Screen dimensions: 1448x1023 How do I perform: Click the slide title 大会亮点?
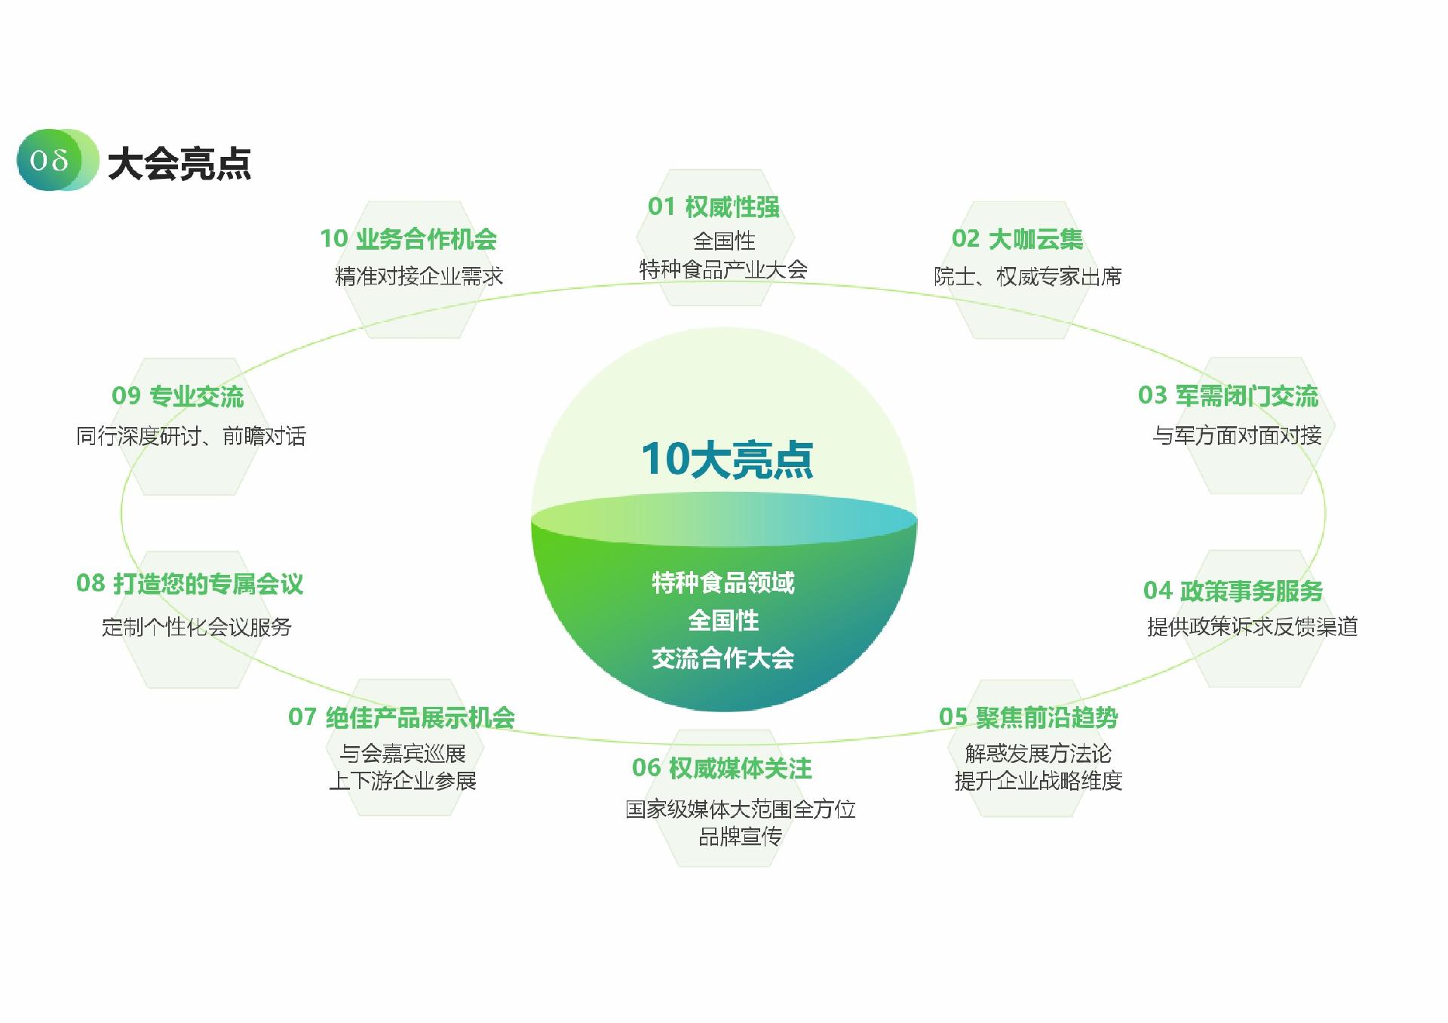point(179,163)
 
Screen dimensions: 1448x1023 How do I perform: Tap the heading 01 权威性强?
point(713,207)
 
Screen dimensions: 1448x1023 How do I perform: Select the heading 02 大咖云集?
point(1017,239)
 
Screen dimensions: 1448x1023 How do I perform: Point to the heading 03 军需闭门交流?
point(1228,395)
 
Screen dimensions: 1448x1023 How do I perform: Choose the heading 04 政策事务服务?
point(1233,591)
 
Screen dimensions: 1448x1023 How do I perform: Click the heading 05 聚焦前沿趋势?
point(1028,717)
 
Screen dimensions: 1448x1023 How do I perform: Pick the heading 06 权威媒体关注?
point(722,768)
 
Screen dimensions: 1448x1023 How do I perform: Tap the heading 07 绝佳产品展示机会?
point(401,717)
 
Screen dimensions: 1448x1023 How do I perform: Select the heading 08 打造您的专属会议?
point(190,583)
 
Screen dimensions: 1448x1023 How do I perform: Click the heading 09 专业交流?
point(178,396)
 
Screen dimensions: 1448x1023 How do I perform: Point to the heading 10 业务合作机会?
point(409,239)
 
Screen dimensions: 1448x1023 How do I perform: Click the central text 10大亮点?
point(727,459)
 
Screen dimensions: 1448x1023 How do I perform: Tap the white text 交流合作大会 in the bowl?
point(723,659)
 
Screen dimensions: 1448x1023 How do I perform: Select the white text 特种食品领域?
point(723,582)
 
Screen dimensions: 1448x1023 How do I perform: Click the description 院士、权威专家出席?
point(1028,277)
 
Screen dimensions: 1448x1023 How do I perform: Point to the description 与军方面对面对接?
point(1238,435)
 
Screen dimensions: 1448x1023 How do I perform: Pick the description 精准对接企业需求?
point(419,276)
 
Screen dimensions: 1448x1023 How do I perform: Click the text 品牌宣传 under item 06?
point(740,837)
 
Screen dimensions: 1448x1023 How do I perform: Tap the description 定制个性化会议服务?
point(197,627)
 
